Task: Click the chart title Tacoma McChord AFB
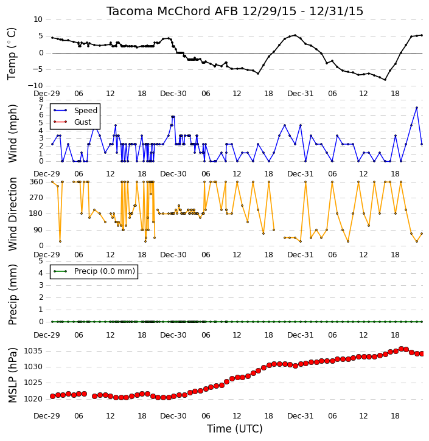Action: click(x=172, y=11)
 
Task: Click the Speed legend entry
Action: click(x=75, y=111)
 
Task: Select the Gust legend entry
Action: click(x=72, y=122)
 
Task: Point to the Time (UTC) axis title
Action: click(x=235, y=429)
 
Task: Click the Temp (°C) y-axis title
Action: click(x=12, y=54)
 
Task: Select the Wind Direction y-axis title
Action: click(x=12, y=214)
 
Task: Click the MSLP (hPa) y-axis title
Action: click(x=12, y=375)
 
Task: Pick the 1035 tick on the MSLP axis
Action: click(x=33, y=351)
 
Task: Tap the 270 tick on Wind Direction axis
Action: click(x=37, y=198)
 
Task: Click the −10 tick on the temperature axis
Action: click(x=35, y=86)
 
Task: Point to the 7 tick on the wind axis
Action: click(x=41, y=108)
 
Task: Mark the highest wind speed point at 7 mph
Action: click(x=417, y=108)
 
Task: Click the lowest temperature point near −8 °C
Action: click(x=385, y=80)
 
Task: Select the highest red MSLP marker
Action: click(x=401, y=349)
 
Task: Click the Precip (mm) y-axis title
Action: click(x=12, y=295)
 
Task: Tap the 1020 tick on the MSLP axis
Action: click(x=33, y=399)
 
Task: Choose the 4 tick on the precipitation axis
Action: click(x=41, y=273)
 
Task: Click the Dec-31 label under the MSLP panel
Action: click(x=300, y=415)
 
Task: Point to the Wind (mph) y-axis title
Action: click(x=12, y=134)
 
